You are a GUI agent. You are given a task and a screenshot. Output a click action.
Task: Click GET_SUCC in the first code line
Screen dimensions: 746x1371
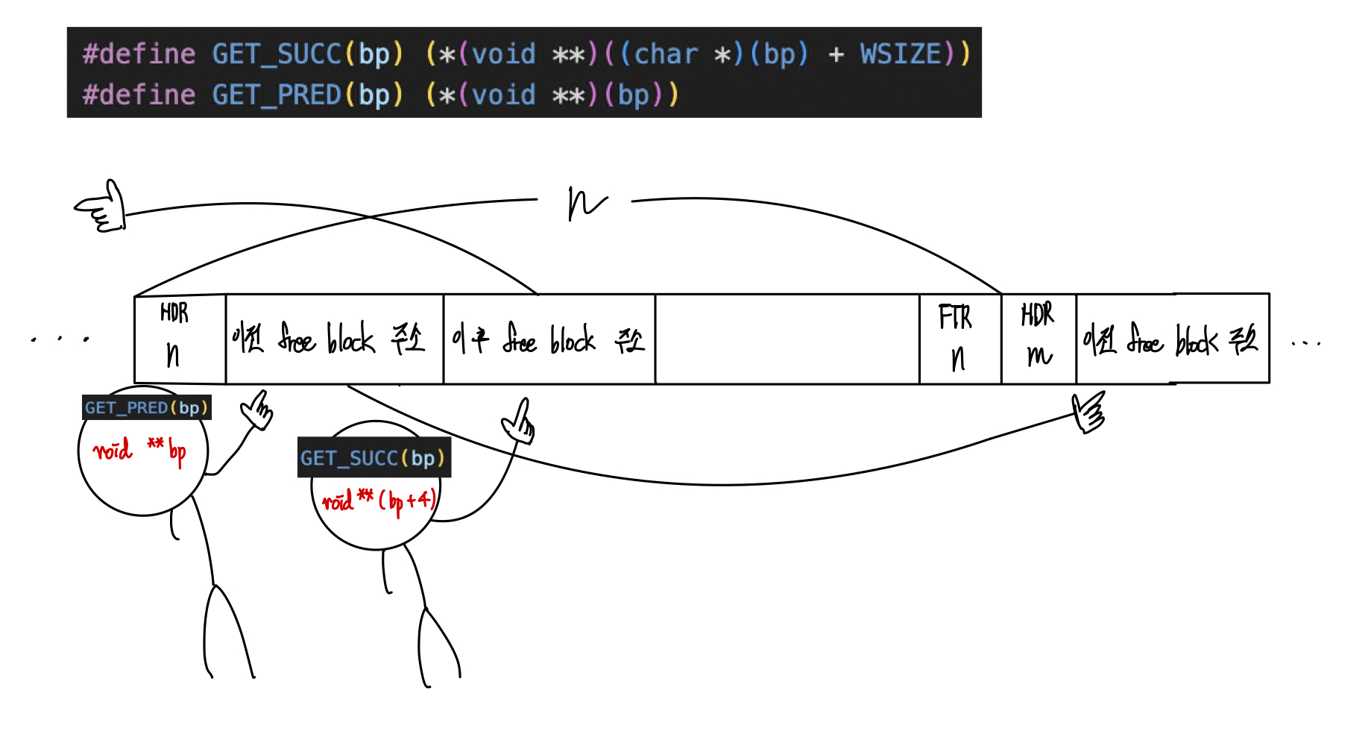[x=276, y=54]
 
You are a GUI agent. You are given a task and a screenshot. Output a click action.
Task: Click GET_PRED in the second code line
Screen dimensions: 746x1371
[x=276, y=95]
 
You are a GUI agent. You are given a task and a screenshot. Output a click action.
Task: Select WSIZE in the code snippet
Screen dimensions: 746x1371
[x=901, y=54]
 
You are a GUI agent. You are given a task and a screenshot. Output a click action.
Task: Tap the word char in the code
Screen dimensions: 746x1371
[x=665, y=54]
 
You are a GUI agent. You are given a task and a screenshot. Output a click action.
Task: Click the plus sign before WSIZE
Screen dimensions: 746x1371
[x=836, y=54]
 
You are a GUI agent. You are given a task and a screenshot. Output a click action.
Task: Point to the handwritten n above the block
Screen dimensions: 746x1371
[x=586, y=203]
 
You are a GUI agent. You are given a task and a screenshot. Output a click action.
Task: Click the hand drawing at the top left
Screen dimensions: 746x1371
[x=101, y=207]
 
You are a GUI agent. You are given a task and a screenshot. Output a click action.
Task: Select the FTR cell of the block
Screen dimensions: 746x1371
[x=959, y=339]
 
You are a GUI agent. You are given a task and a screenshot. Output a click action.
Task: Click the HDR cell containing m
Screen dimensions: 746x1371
[x=1038, y=339]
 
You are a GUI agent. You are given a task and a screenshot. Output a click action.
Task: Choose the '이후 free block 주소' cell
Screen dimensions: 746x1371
[x=549, y=340]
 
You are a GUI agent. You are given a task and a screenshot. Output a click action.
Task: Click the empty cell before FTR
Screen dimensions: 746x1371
[x=787, y=339]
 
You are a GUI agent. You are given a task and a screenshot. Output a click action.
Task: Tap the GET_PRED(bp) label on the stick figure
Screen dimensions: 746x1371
[x=146, y=407]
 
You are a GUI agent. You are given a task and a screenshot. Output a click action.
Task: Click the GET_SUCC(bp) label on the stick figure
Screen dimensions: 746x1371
[x=373, y=457]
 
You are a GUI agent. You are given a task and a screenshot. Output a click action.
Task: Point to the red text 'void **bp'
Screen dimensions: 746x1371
[x=139, y=451]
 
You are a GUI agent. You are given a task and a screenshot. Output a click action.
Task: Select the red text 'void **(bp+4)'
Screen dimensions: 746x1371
[x=379, y=500]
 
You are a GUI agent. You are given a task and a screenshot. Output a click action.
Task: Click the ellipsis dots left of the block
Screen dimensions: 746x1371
[x=60, y=339]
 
